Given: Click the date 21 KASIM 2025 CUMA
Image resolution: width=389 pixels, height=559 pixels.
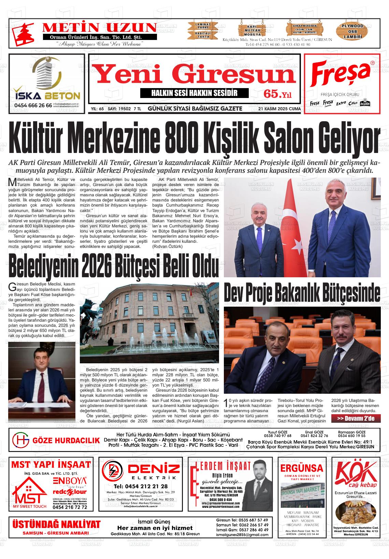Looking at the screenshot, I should [279, 109].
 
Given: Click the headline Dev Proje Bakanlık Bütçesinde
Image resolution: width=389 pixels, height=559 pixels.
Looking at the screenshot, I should [302, 293].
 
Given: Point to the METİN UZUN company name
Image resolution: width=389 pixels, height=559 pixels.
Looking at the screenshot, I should [99, 28].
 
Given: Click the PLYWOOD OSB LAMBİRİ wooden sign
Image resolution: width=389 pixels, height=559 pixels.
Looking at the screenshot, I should [353, 31].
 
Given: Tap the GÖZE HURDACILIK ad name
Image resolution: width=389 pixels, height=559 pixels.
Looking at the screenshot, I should [66, 441].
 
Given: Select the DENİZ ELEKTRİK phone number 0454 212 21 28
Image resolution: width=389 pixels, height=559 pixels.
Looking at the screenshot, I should [141, 486].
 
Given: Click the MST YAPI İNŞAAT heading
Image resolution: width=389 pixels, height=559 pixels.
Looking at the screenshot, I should [51, 464].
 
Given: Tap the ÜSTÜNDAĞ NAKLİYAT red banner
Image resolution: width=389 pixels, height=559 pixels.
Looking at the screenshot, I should [56, 525].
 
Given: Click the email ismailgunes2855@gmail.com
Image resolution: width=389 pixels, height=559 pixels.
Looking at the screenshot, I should [242, 534].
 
